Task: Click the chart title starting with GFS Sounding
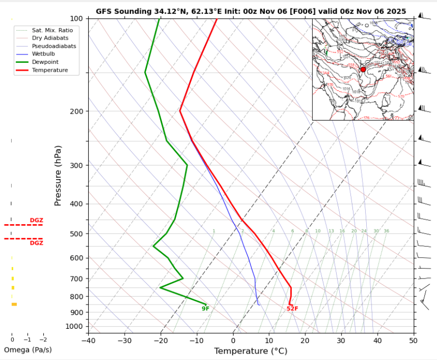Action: coord(250,11)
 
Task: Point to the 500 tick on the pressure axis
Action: coord(76,234)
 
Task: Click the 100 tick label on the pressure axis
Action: coord(76,19)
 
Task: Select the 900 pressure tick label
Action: coord(76,312)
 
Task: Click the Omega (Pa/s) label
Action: coord(28,350)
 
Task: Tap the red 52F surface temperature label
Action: coord(292,309)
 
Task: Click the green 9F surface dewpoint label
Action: coord(206,309)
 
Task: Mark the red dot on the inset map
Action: coord(363,69)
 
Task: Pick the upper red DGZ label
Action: coord(36,220)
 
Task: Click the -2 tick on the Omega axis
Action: coord(43,340)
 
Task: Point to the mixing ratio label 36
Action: coord(386,231)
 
